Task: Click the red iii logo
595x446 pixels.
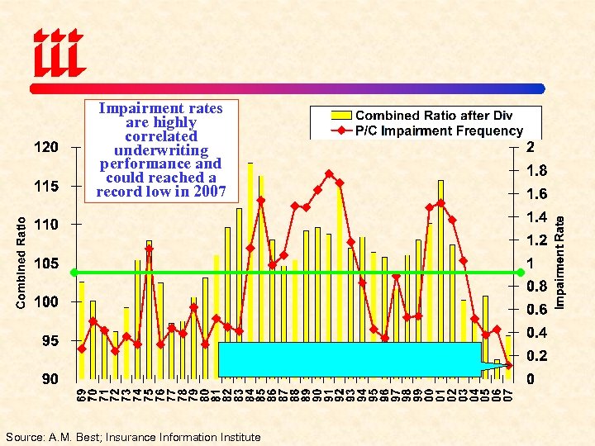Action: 58,51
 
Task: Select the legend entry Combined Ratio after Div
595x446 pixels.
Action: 434,116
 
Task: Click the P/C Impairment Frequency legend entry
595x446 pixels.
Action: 439,130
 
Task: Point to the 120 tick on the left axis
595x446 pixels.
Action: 46,147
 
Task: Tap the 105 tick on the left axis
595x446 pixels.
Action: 46,263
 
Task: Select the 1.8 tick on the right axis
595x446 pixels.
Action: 537,172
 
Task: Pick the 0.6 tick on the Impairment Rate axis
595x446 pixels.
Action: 537,310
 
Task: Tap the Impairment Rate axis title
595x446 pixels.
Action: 559,263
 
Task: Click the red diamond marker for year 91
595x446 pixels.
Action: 329,173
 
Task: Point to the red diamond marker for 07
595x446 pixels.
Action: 509,365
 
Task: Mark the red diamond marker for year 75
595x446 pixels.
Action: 149,248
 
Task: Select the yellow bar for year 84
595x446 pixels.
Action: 250,248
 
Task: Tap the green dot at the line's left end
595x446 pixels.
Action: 74,272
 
